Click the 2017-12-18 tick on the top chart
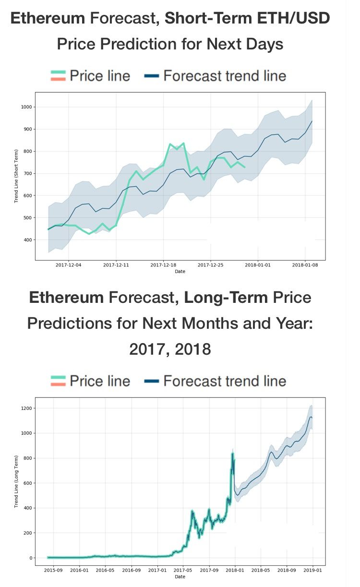tap(163, 264)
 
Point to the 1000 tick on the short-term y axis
tap(25, 107)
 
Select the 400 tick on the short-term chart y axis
tap(27, 240)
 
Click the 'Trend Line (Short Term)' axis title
tap(16, 176)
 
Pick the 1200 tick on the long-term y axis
tap(25, 408)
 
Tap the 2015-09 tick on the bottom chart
tap(52, 570)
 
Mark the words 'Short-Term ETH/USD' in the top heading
tap(247, 19)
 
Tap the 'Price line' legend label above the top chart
tap(100, 76)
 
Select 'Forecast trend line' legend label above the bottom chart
tap(225, 381)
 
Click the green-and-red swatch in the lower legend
tap(58, 381)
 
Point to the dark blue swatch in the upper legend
tap(151, 76)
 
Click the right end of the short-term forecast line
tap(312, 121)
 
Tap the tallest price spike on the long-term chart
tap(232, 454)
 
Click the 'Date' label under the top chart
tap(180, 272)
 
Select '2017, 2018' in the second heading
tap(170, 349)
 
